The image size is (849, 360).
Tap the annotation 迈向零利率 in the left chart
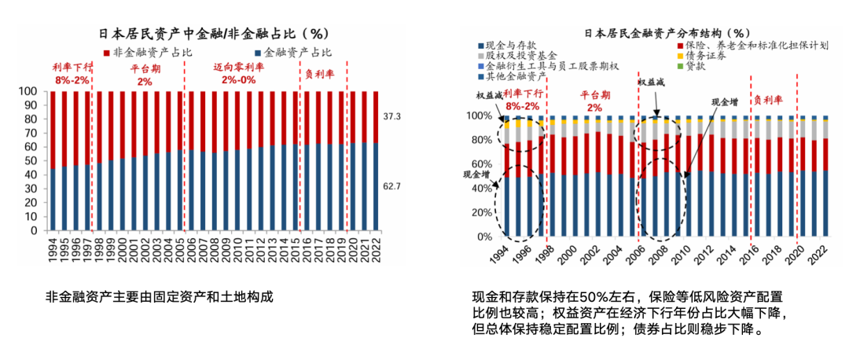tap(239, 68)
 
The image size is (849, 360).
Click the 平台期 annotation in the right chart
tap(594, 94)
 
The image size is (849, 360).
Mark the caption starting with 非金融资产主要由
tap(160, 297)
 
